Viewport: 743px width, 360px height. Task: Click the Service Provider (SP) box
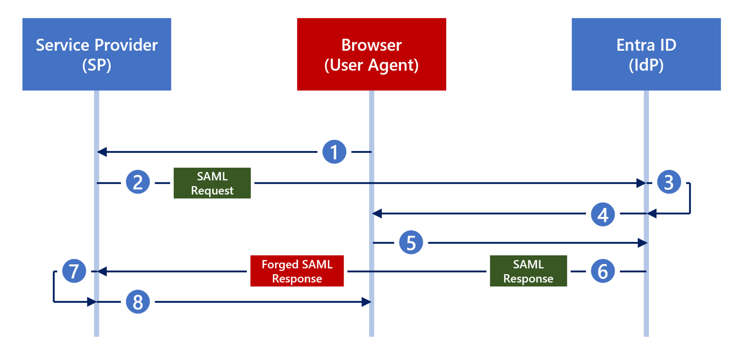97,54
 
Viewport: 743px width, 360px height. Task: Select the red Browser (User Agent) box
371,54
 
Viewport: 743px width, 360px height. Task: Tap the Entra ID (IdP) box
646,54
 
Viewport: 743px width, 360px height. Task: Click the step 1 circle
334,152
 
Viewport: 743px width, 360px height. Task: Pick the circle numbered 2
138,182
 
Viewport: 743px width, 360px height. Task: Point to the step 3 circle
669,182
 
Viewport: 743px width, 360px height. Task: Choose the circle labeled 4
603,214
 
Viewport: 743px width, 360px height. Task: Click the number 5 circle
411,243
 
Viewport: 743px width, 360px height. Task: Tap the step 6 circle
603,271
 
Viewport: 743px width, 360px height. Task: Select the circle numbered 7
74,271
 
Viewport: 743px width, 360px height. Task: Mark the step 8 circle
138,302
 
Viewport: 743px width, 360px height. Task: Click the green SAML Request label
212,183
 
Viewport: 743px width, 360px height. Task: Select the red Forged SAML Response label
297,271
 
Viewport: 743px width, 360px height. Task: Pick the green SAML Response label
528,271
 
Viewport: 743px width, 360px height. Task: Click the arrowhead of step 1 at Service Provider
102,152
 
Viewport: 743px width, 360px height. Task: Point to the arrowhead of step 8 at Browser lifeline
366,302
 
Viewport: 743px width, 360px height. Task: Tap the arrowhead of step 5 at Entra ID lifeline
642,243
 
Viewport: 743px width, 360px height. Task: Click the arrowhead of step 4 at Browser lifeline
377,213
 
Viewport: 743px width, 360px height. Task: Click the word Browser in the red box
371,45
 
